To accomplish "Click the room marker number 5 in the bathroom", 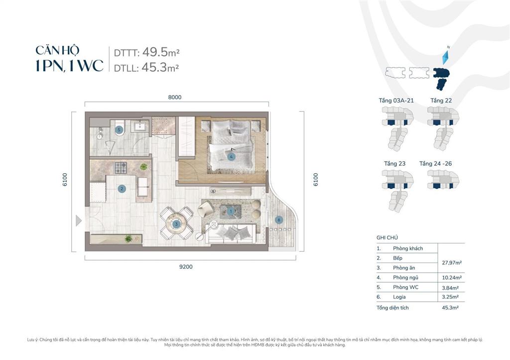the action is pyautogui.click(x=119, y=130).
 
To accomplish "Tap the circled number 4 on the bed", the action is pyautogui.click(x=231, y=157).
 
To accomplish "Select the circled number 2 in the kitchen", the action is pyautogui.click(x=122, y=189).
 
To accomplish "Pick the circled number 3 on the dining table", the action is pyautogui.click(x=176, y=224).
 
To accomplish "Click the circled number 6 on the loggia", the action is pyautogui.click(x=279, y=220).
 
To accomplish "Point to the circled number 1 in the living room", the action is pyautogui.click(x=231, y=212).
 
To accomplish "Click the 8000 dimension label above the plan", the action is pyautogui.click(x=175, y=97).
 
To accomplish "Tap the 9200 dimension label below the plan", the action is pyautogui.click(x=186, y=267).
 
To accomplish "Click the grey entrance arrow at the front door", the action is pyautogui.click(x=78, y=221).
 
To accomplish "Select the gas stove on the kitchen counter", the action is pyautogui.click(x=121, y=168).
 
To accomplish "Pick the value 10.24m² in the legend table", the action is pyautogui.click(x=451, y=278).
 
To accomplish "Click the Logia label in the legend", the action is pyautogui.click(x=399, y=297).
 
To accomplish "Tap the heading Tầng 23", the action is pyautogui.click(x=394, y=164).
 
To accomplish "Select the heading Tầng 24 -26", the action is pyautogui.click(x=435, y=164).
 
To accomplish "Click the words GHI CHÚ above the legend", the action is pyautogui.click(x=387, y=238).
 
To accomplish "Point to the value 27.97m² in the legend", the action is pyautogui.click(x=452, y=263).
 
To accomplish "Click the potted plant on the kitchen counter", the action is pyautogui.click(x=143, y=167).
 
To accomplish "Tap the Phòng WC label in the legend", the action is pyautogui.click(x=405, y=287).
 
